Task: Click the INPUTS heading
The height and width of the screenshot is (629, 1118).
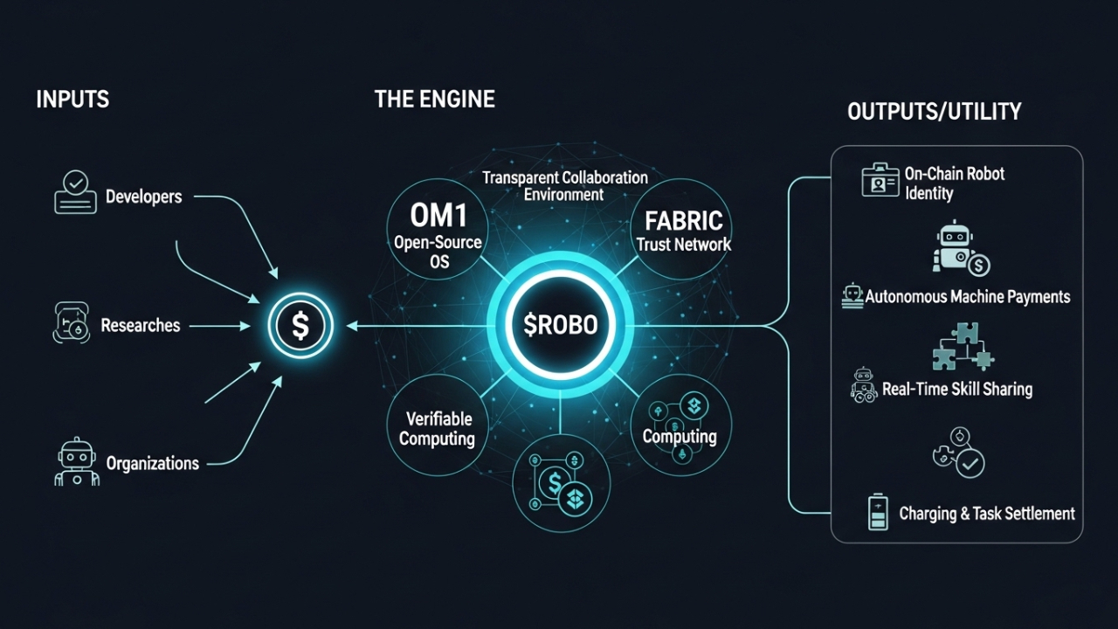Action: pyautogui.click(x=72, y=99)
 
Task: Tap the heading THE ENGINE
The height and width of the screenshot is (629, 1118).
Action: pyautogui.click(x=434, y=99)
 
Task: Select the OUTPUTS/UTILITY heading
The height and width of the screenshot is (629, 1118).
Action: pyautogui.click(x=934, y=111)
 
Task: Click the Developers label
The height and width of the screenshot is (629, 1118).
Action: pyautogui.click(x=143, y=197)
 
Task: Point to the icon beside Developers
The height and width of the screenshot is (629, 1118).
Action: pyautogui.click(x=75, y=193)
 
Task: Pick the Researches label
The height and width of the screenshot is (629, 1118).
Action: pyautogui.click(x=140, y=326)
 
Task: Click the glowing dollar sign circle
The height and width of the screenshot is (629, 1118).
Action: pyautogui.click(x=300, y=326)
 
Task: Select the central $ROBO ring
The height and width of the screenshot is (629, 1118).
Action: pyautogui.click(x=560, y=326)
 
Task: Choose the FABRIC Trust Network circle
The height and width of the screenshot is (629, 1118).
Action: pyautogui.click(x=683, y=229)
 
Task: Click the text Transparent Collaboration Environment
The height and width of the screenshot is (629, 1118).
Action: pyautogui.click(x=564, y=185)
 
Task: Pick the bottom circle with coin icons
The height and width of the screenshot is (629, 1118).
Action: pyautogui.click(x=561, y=483)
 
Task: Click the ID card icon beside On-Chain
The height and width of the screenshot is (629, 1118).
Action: pyautogui.click(x=880, y=181)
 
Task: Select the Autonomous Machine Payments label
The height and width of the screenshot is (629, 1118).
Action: pyautogui.click(x=967, y=297)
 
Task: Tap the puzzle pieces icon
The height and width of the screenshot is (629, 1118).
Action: pyautogui.click(x=961, y=346)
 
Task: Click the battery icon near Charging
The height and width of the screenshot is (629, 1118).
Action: pyautogui.click(x=877, y=512)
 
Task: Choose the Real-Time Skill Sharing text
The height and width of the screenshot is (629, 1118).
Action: pyautogui.click(x=956, y=389)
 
